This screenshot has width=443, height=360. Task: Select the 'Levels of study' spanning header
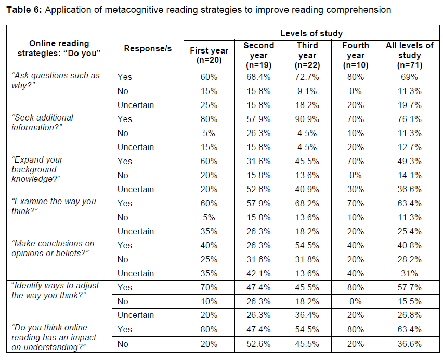pyautogui.click(x=311, y=34)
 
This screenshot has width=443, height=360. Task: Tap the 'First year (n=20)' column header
pyautogui.click(x=209, y=55)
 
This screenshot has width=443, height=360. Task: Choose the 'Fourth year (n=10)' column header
pyautogui.click(x=356, y=55)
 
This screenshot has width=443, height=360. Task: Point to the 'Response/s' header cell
pyautogui.click(x=148, y=48)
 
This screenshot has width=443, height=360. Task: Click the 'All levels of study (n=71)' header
pyautogui.click(x=409, y=55)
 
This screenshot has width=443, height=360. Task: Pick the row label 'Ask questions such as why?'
pyautogui.click(x=56, y=81)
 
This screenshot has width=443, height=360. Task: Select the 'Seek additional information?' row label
pyautogui.click(x=43, y=123)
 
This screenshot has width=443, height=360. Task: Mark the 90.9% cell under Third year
pyautogui.click(x=307, y=119)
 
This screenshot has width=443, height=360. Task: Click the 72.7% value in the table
pyautogui.click(x=307, y=77)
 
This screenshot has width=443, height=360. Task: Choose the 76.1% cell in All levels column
pyautogui.click(x=409, y=119)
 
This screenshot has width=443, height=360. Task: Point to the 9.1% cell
pyautogui.click(x=307, y=91)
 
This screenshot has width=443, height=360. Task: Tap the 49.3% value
pyautogui.click(x=409, y=161)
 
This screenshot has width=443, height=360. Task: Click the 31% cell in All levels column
pyautogui.click(x=409, y=273)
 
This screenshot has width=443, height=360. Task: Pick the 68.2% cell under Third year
pyautogui.click(x=307, y=203)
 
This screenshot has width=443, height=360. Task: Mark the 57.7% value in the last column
pyautogui.click(x=409, y=287)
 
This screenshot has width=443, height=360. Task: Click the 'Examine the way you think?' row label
pyautogui.click(x=54, y=206)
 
